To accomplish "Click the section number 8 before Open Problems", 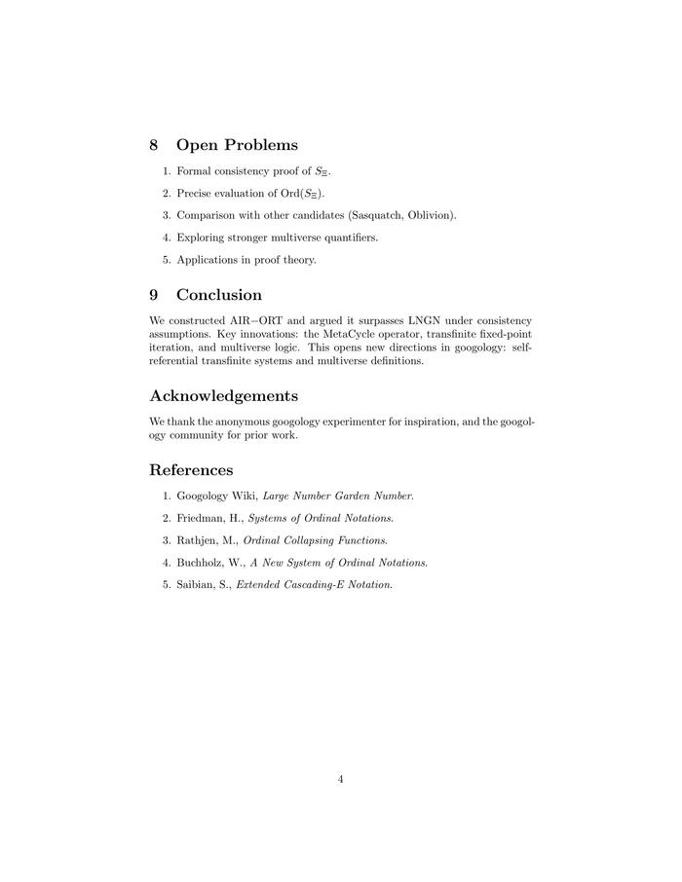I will click(x=154, y=145).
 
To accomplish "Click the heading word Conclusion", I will click(x=219, y=294).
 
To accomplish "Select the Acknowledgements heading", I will click(x=223, y=395).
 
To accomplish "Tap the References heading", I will click(x=191, y=470).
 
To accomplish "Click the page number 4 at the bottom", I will click(x=341, y=778).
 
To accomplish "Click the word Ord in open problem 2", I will click(x=279, y=193).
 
